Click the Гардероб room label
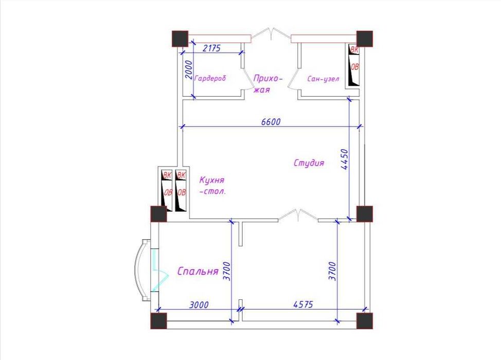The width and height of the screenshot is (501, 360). tap(210, 78)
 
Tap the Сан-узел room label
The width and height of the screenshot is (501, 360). tap(323, 79)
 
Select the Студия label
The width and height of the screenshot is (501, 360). tap(309, 163)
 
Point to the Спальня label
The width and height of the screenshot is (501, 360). tap(198, 271)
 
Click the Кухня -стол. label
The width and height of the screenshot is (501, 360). tap(212, 186)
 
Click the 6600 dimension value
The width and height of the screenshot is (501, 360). tap(271, 122)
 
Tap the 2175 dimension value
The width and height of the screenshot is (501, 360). tap(212, 48)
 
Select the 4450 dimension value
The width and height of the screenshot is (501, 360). tap(345, 159)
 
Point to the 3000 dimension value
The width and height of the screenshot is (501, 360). tap(199, 305)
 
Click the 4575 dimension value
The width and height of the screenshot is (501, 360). tap(303, 304)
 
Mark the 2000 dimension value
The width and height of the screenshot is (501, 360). tap(189, 70)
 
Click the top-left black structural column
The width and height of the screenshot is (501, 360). tap(180, 39)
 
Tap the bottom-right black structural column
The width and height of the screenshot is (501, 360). tap(365, 321)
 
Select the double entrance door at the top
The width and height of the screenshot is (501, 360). tap(271, 34)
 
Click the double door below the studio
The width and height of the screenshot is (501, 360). tap(298, 215)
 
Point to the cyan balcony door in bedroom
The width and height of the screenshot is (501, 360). tap(159, 270)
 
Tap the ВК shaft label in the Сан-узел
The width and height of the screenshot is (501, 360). tap(354, 49)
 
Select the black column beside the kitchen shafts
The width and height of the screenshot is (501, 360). tap(158, 214)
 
